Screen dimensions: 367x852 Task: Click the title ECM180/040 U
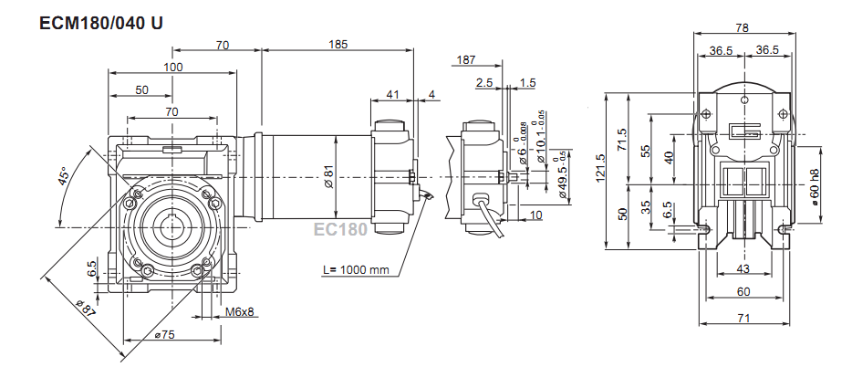[x=101, y=24]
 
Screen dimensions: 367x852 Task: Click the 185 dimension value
[x=338, y=44]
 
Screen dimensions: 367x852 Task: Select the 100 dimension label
[x=173, y=67]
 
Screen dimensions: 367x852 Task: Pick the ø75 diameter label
[x=164, y=335]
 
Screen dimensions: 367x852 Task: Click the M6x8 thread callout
[x=239, y=312]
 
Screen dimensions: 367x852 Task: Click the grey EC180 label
[x=340, y=229]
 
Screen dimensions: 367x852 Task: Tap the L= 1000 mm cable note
[x=357, y=270]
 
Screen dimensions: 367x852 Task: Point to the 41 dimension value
[x=392, y=94]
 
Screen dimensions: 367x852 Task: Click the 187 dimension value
[x=465, y=59]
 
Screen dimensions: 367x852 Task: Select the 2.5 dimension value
[x=484, y=83]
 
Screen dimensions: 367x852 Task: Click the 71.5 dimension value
[x=622, y=139]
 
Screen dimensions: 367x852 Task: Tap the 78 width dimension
[x=744, y=27]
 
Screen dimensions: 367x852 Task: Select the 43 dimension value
[x=743, y=269]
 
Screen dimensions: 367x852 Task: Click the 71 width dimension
[x=744, y=319]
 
